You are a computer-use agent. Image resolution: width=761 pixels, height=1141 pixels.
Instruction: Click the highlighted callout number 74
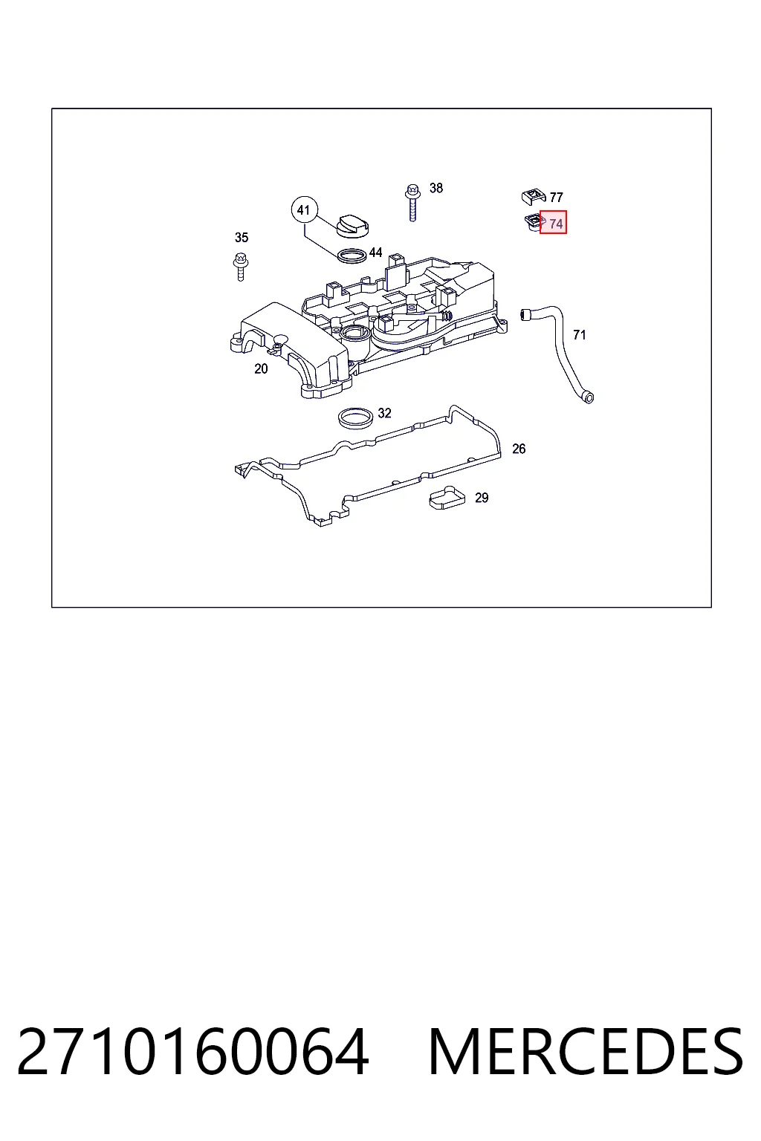[556, 224]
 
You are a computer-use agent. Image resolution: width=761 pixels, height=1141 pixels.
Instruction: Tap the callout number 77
[556, 197]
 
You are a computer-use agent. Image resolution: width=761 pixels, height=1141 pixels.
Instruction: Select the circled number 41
[304, 210]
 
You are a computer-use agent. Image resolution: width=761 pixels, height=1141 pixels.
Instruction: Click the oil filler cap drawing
[353, 226]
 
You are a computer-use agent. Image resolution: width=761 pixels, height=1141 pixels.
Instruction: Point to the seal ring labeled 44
[352, 256]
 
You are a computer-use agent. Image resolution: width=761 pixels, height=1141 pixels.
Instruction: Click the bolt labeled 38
[412, 202]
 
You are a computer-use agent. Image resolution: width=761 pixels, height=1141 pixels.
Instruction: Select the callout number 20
[261, 368]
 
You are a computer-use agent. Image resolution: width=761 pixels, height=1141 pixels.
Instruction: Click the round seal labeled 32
[356, 418]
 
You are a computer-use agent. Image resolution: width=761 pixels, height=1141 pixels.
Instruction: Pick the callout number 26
[519, 449]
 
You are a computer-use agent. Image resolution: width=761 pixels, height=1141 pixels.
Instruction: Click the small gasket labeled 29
[447, 498]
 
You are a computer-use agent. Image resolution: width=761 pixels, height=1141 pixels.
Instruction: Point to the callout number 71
[580, 335]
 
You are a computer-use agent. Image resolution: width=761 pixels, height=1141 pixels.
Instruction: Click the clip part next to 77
[534, 195]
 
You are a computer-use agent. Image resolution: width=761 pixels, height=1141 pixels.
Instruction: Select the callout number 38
[436, 188]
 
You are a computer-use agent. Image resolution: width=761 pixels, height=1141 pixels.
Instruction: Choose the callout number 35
[242, 238]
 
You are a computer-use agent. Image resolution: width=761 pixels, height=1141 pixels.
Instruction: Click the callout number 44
[375, 252]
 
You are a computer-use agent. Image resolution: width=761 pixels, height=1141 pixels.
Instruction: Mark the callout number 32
[385, 413]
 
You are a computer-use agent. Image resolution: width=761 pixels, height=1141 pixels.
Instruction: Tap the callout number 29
[482, 498]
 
